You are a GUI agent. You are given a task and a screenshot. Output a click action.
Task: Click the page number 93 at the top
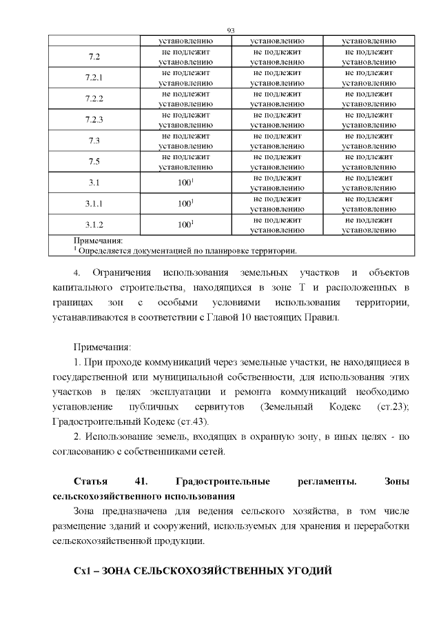click(x=231, y=31)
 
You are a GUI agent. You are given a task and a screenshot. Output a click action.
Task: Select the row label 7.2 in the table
click(x=94, y=57)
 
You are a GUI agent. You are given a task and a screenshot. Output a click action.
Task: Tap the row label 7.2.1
click(x=94, y=77)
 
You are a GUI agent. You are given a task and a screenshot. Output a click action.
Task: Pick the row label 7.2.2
click(x=94, y=99)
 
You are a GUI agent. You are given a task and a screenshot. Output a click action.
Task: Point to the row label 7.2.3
click(x=94, y=120)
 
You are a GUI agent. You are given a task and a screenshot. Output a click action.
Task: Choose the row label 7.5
click(x=94, y=162)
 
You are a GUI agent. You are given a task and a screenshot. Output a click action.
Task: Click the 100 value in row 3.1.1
click(x=185, y=204)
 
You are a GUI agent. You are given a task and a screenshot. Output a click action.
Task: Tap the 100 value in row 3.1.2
click(x=185, y=225)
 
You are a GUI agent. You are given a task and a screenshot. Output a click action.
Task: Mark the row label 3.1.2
click(x=94, y=225)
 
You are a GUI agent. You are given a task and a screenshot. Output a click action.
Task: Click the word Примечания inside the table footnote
click(x=98, y=241)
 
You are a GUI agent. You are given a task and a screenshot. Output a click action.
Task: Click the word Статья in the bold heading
click(x=90, y=481)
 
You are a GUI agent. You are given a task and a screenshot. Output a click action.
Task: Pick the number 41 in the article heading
click(x=143, y=481)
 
